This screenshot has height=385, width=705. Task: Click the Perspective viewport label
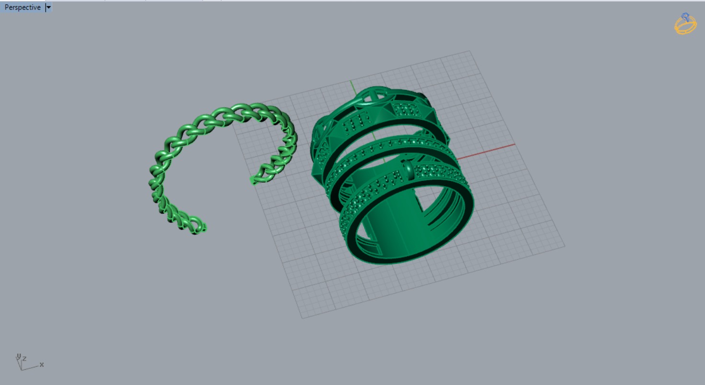(x=22, y=7)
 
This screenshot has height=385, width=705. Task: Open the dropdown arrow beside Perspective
(x=48, y=7)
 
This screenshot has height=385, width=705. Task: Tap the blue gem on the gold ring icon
(x=686, y=16)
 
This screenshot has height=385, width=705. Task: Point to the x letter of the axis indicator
(x=42, y=364)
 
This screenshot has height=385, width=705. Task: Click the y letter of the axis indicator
(x=18, y=356)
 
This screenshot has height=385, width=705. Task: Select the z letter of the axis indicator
(x=24, y=358)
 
